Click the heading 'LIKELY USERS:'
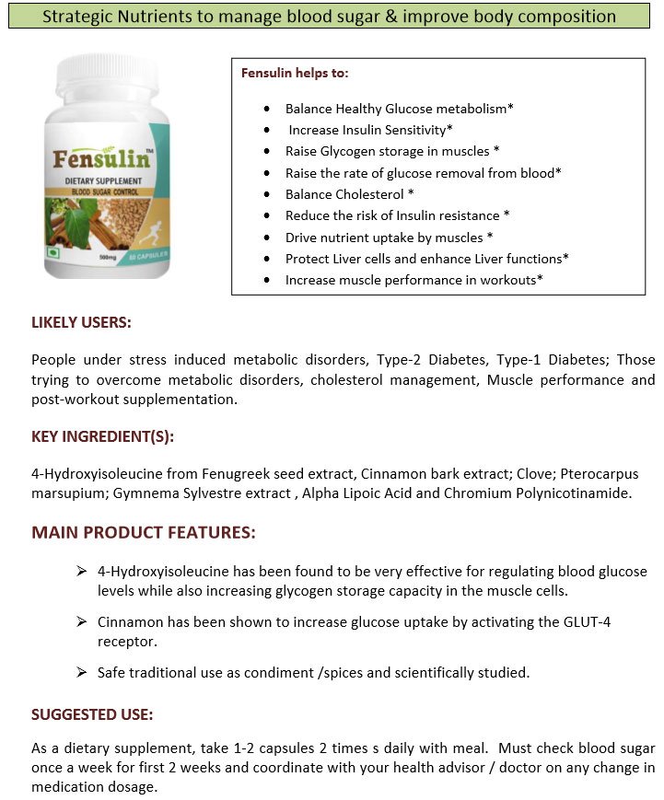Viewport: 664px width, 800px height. (x=81, y=323)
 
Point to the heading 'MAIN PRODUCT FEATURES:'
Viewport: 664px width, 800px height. (x=144, y=533)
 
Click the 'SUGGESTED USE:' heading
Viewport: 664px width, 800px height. (x=92, y=714)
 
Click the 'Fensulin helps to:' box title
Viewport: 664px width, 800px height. (x=295, y=73)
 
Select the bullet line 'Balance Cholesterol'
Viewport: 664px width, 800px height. (x=349, y=194)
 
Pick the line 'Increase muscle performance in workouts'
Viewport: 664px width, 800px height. (x=414, y=280)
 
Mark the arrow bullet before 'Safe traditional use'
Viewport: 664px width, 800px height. (x=82, y=672)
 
